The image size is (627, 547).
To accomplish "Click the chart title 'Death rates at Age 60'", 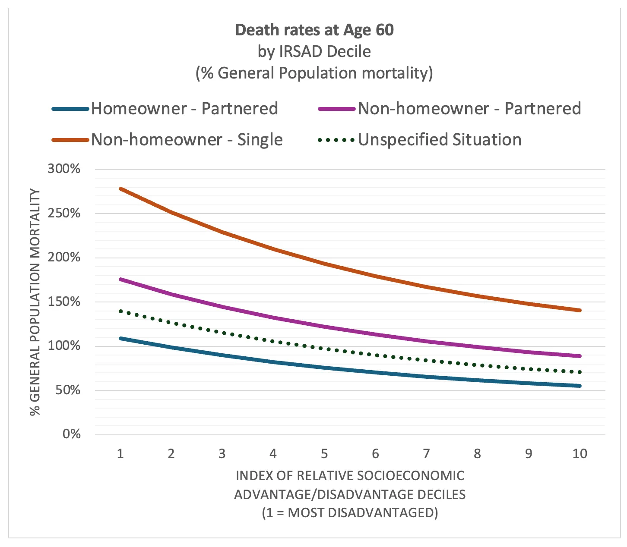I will (x=314, y=30).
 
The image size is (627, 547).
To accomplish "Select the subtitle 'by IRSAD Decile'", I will (x=314, y=52).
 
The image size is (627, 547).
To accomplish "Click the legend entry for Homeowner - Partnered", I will (x=184, y=109).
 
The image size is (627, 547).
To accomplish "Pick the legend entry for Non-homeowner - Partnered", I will (x=469, y=109).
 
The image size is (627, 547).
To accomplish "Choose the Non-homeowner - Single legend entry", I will (x=187, y=140).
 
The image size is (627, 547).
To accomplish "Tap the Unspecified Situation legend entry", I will (x=440, y=140).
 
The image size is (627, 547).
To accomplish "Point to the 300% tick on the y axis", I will (x=64, y=169).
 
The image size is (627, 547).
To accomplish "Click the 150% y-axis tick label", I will (x=64, y=302).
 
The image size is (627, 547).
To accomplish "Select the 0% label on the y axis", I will (x=71, y=434).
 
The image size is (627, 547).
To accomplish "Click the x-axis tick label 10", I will (x=579, y=453).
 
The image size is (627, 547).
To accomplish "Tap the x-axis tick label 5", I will (x=324, y=453).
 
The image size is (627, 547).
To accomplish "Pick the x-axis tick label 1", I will (x=120, y=453).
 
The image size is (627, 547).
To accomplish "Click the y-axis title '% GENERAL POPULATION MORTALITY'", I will (x=35, y=302).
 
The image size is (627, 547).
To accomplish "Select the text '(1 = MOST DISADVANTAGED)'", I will (x=350, y=512).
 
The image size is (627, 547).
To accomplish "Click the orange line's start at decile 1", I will (x=120, y=189).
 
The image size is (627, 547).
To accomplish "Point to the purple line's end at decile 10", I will (x=579, y=356).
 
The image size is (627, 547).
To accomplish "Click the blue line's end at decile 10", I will (x=579, y=386).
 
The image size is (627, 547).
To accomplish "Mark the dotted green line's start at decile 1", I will (x=120, y=311).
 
